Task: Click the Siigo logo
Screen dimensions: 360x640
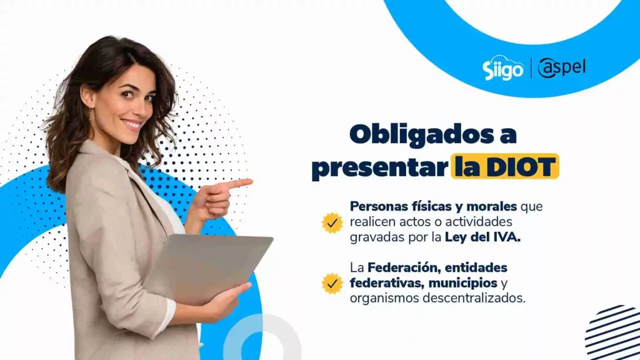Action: tap(502, 69)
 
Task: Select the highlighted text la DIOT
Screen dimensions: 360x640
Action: tap(504, 167)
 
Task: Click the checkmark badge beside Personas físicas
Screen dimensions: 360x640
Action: tap(332, 222)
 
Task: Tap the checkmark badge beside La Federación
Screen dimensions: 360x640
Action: tap(332, 283)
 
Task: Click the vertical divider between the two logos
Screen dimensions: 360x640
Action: tap(531, 68)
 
